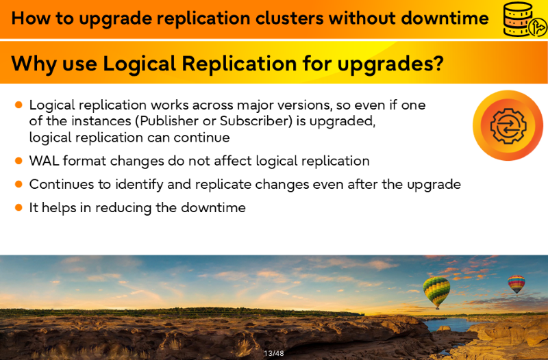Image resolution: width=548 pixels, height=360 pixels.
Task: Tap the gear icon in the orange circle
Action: click(x=508, y=126)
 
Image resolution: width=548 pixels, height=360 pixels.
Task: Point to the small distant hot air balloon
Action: click(x=516, y=284)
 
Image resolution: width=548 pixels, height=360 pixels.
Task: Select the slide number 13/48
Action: click(x=274, y=353)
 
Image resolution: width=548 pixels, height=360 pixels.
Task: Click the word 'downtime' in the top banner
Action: click(x=445, y=18)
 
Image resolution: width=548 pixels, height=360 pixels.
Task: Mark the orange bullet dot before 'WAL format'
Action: click(x=19, y=161)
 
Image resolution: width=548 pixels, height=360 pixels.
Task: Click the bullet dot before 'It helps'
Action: click(x=19, y=208)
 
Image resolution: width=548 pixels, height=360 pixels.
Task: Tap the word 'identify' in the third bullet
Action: click(x=139, y=185)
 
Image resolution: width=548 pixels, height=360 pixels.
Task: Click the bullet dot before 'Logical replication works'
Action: click(x=19, y=105)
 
